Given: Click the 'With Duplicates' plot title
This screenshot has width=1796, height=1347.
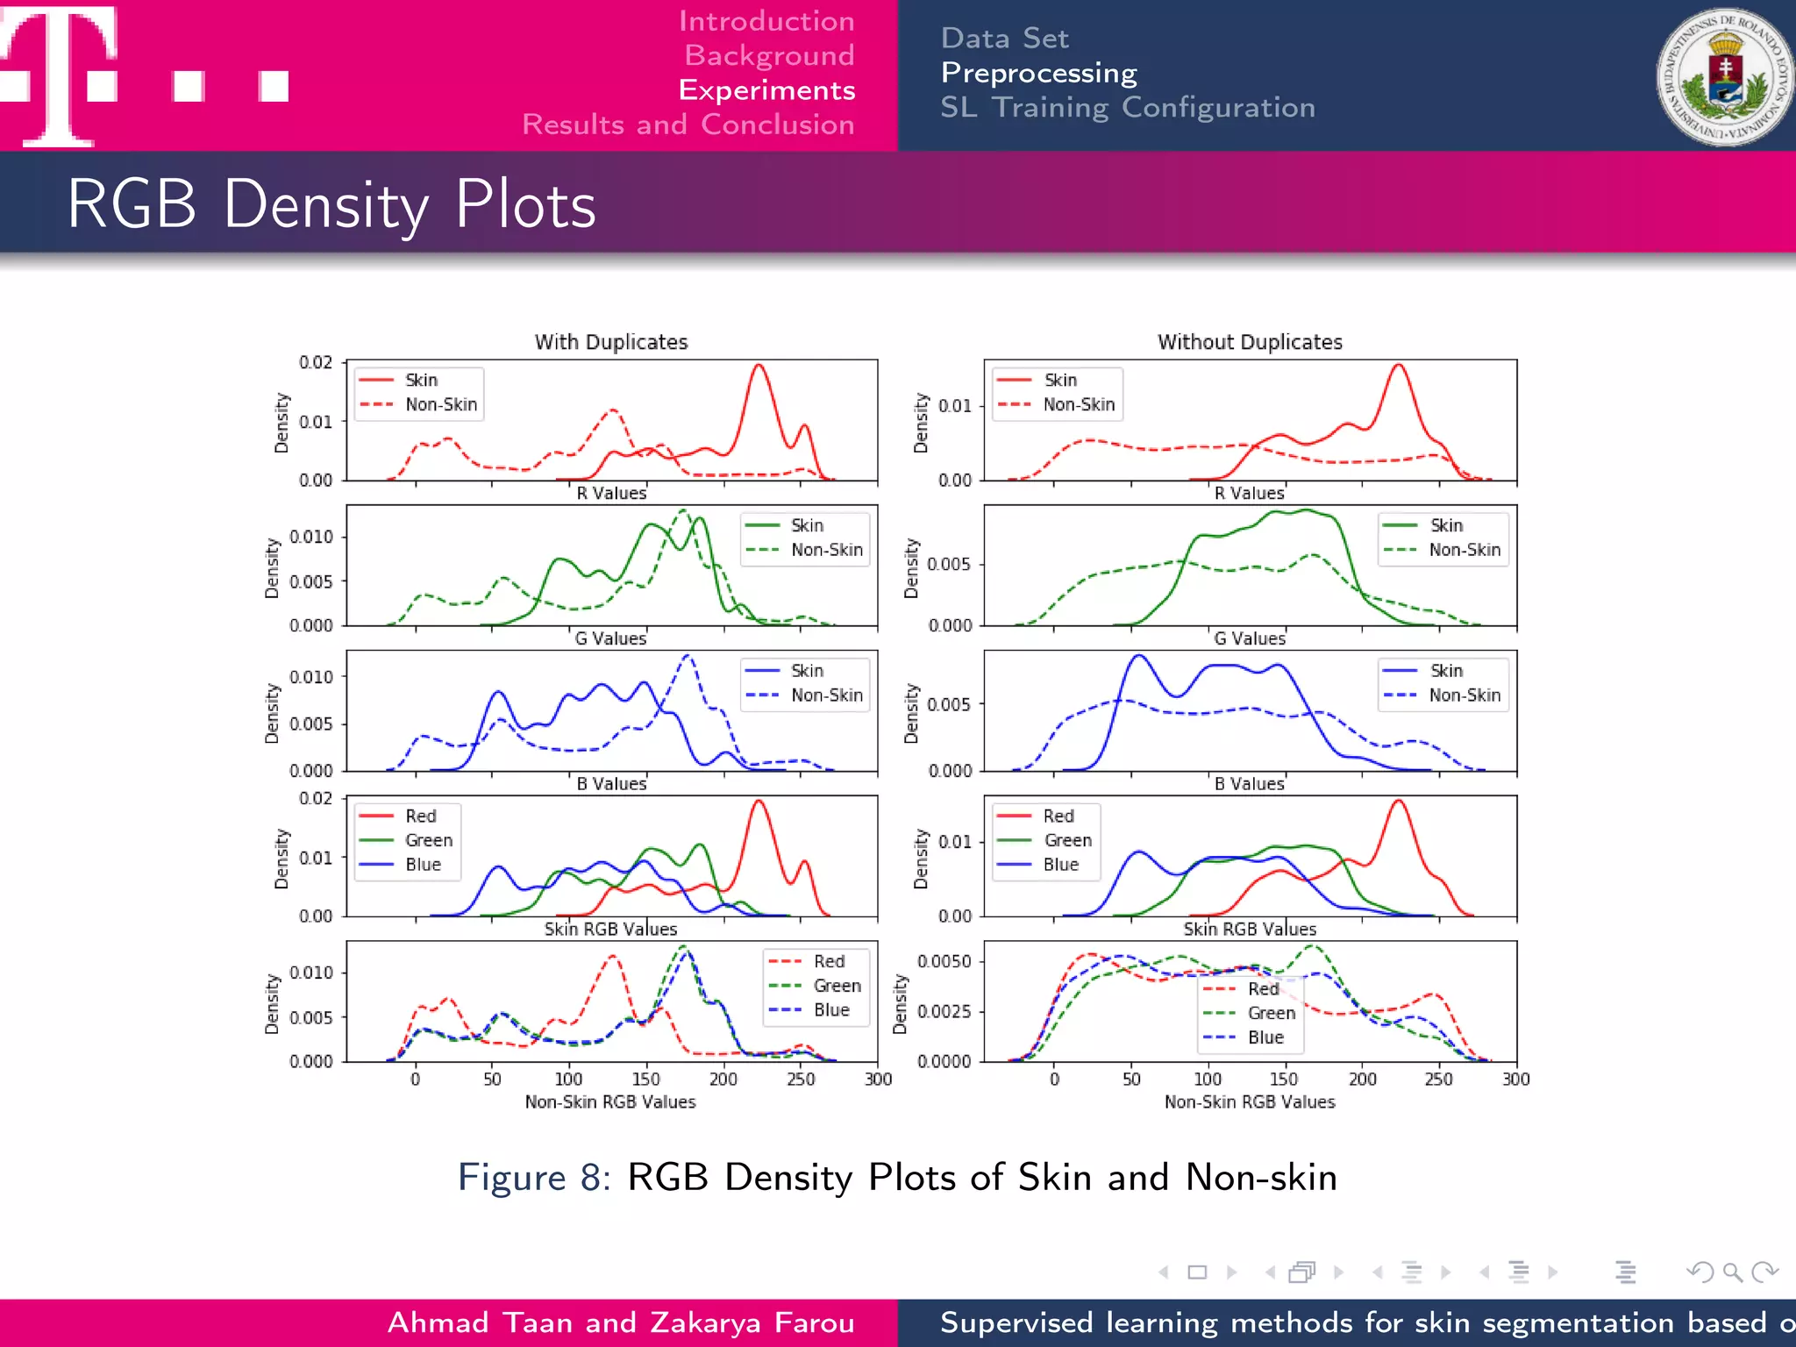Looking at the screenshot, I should click(x=611, y=342).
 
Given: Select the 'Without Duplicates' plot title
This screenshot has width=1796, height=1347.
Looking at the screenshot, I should click(x=1250, y=342).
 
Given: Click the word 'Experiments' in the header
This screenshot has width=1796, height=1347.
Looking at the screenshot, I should click(x=766, y=90).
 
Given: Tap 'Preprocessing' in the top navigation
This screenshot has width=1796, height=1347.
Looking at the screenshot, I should click(x=1038, y=73).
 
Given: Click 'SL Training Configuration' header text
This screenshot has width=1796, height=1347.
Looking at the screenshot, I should click(x=1128, y=108).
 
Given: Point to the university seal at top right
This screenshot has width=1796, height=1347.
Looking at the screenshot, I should click(x=1725, y=77).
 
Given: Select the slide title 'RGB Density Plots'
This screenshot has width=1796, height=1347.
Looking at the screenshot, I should click(x=331, y=204).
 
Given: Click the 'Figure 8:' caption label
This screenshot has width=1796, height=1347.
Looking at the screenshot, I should click(x=533, y=1177).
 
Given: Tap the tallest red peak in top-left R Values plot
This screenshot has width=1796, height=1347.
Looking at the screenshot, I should click(x=759, y=366).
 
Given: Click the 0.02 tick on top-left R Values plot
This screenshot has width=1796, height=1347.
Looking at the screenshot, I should click(x=316, y=362).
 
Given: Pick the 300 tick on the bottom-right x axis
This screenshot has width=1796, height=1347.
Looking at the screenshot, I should click(x=1515, y=1080).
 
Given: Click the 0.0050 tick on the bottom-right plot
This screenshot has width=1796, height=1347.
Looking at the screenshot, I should click(x=944, y=962).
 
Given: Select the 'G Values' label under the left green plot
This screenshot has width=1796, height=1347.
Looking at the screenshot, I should click(x=610, y=639).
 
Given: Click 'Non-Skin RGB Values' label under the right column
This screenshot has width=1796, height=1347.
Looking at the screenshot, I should click(x=1250, y=1102).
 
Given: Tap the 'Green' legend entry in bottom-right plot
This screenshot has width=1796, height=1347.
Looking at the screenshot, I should click(x=1271, y=1013).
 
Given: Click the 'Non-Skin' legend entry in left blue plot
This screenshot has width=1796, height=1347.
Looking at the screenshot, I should click(x=826, y=695).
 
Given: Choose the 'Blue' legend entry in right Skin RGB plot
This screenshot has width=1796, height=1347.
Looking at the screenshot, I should click(x=1060, y=865).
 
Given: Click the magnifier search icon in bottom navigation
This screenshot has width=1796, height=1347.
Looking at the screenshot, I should click(x=1731, y=1272).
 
